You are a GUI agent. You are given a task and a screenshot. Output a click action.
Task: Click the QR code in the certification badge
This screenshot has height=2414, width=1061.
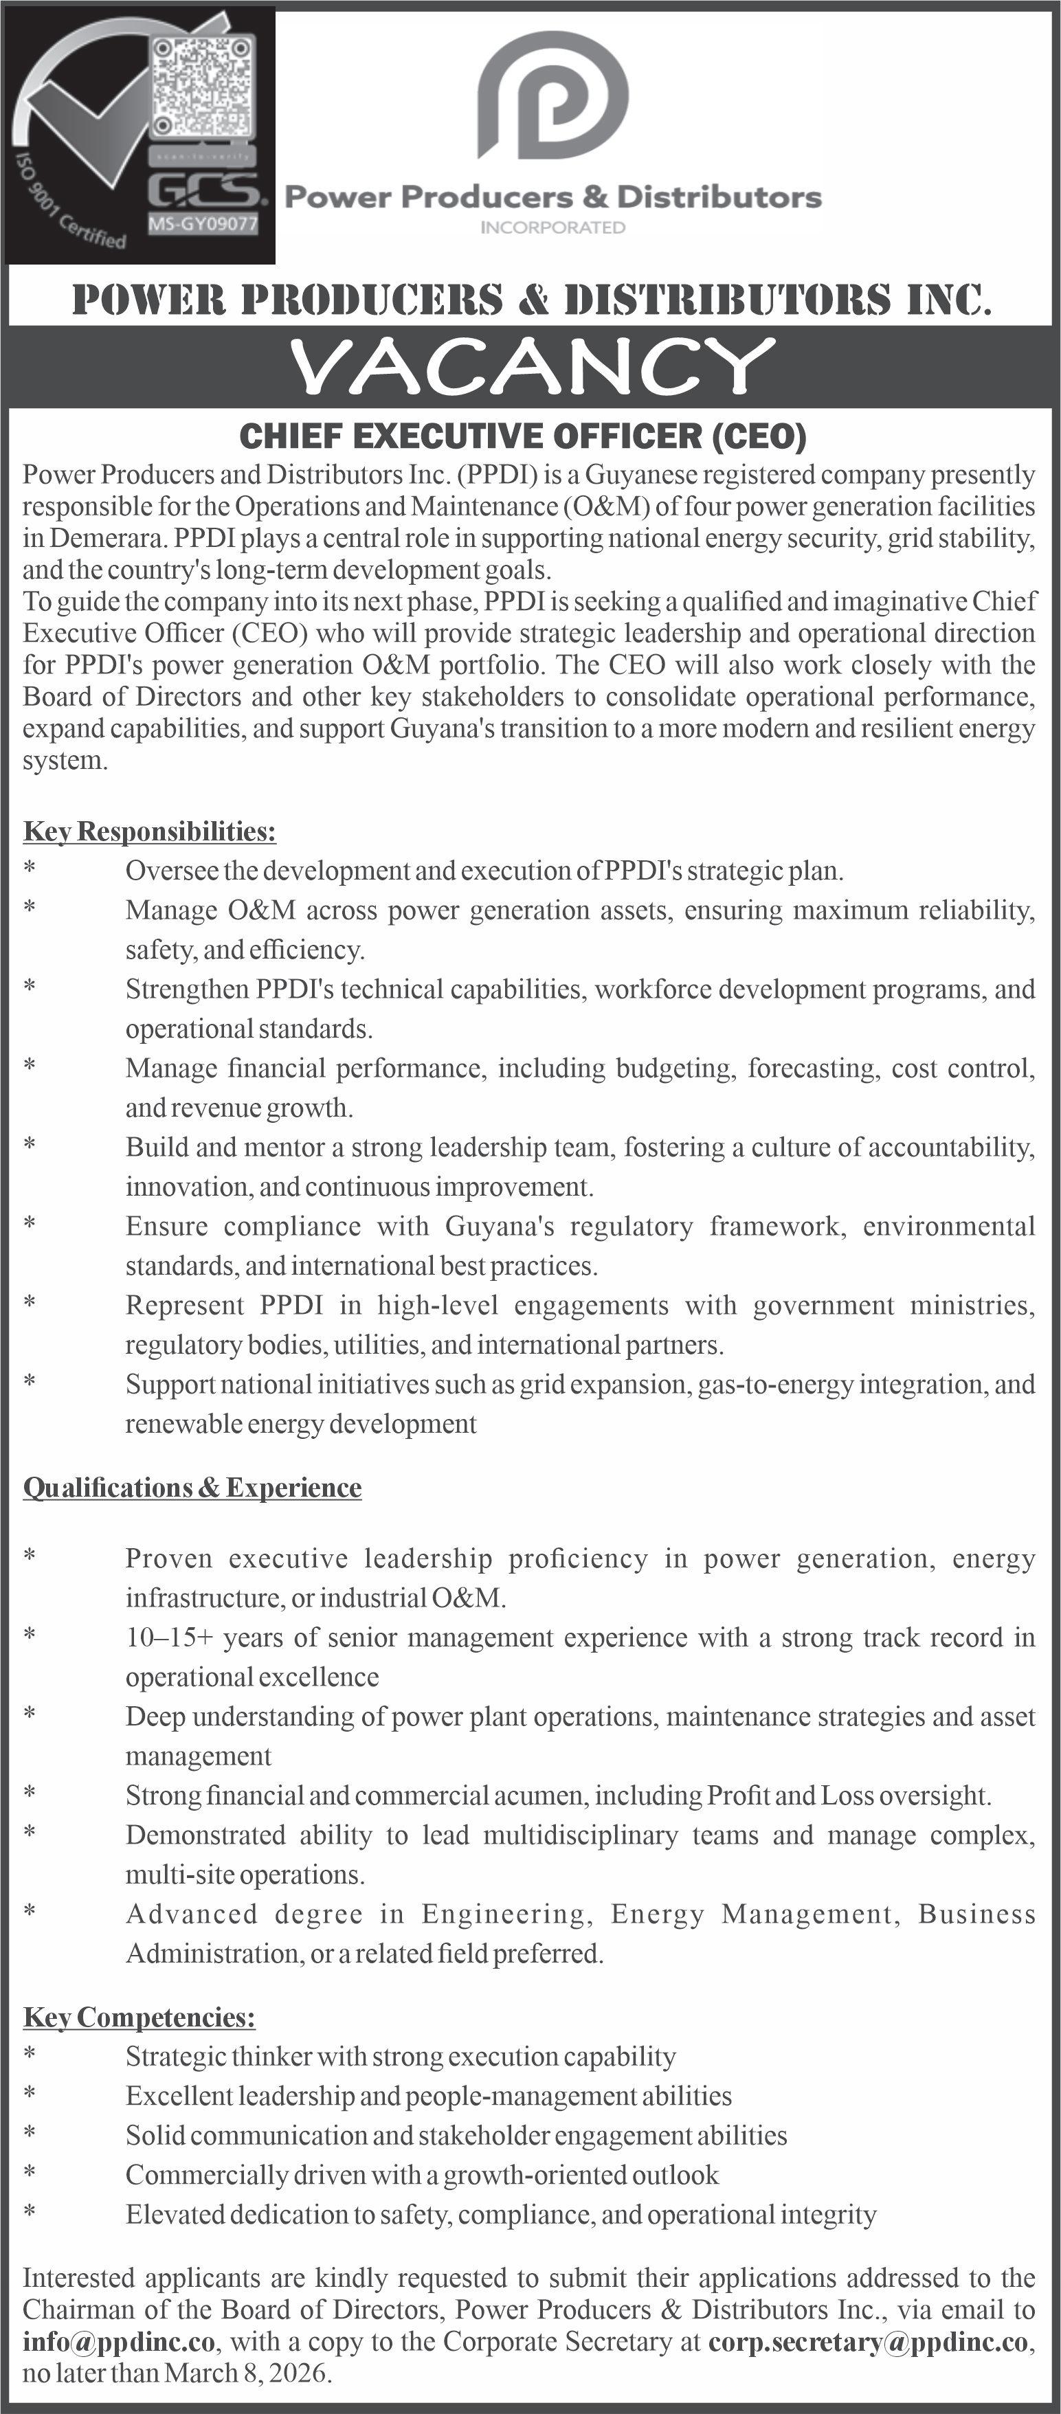(203, 85)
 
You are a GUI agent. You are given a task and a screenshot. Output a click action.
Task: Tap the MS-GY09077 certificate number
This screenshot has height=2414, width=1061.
(203, 224)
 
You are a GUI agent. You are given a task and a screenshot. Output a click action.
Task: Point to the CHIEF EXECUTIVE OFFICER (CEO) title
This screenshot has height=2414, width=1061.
(523, 436)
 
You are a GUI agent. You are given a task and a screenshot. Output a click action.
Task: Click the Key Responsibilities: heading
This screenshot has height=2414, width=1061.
(149, 831)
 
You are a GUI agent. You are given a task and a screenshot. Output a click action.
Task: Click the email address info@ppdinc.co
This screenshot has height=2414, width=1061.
(119, 2342)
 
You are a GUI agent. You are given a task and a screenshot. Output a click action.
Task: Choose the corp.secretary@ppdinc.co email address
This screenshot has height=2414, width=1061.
(868, 2342)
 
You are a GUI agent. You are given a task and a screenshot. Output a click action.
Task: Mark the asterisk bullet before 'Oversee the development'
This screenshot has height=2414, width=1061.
(30, 869)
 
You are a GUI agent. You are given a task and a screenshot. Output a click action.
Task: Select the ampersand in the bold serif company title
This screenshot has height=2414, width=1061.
(533, 300)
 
